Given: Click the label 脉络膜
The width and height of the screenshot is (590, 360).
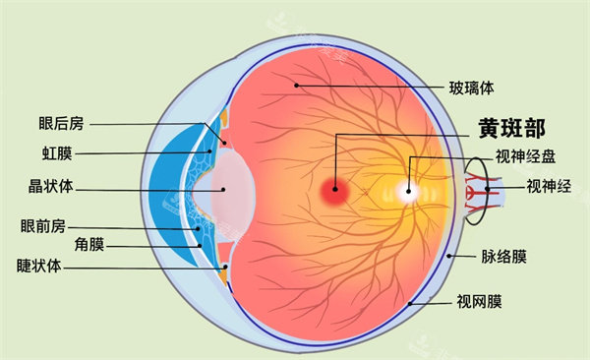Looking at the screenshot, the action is [x=505, y=257].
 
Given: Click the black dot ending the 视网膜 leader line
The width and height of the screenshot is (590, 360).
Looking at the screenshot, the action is [x=411, y=304].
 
